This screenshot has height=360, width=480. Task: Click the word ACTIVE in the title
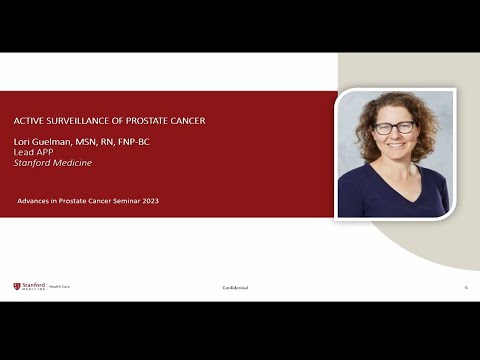(28, 119)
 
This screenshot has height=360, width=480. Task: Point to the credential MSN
(85, 141)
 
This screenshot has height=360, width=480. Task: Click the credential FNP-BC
(132, 141)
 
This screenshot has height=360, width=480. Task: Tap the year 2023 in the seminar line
(148, 201)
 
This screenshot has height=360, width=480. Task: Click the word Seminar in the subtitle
(122, 201)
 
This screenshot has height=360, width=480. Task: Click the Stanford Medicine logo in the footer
(30, 287)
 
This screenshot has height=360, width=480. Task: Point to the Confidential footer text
(235, 288)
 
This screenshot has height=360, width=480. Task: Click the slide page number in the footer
(466, 288)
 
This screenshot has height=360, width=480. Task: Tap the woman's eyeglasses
(394, 128)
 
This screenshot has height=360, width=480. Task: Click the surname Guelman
(57, 141)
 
